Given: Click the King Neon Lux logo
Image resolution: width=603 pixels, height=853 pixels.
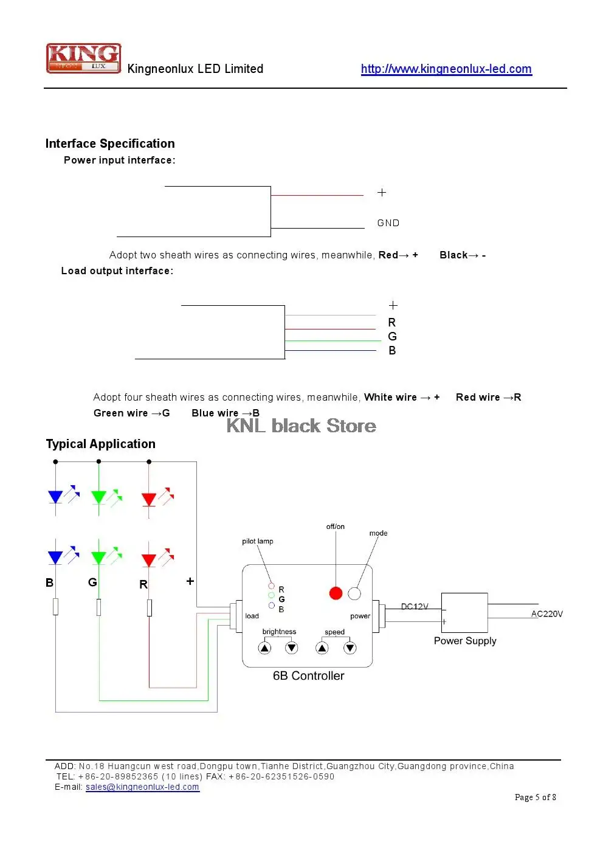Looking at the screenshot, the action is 83,58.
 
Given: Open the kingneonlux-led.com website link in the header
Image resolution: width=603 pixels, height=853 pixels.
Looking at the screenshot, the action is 446,69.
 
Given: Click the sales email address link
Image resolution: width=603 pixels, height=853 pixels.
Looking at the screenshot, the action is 142,787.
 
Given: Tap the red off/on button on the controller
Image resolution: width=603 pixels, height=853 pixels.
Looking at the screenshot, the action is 336,593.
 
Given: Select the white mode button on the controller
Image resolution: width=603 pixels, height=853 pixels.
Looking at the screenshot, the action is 354,593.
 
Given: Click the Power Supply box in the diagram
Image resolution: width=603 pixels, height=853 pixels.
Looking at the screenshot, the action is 464,613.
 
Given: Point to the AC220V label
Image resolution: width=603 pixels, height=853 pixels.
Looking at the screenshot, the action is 546,614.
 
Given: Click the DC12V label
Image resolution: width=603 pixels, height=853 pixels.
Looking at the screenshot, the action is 415,607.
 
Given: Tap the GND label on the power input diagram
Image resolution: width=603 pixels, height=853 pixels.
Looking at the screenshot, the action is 388,223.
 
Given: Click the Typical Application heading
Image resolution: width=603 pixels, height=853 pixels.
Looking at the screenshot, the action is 101,444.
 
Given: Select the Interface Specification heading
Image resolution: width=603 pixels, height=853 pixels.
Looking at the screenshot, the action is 110,143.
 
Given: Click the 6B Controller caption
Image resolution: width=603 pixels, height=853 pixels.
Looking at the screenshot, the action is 308,675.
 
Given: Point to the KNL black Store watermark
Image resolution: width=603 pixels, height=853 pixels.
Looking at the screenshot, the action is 301,426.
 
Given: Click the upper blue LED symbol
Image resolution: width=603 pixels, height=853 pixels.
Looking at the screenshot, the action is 56,497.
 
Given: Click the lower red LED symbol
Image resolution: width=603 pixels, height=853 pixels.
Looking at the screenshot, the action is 149,559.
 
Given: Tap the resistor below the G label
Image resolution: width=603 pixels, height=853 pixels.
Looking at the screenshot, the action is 99,607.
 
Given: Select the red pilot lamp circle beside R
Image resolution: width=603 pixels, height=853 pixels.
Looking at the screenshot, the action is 272,585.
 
